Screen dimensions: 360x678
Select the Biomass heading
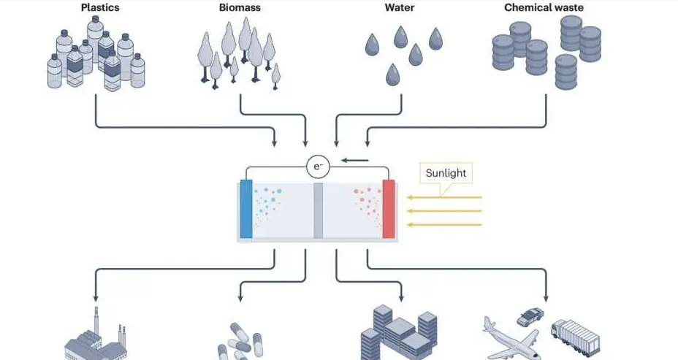[x=237, y=7]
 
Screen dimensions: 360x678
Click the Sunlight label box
[x=448, y=174]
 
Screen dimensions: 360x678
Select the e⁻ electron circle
[x=318, y=167]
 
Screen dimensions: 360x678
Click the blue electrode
[x=245, y=209]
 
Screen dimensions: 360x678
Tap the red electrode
[x=389, y=209]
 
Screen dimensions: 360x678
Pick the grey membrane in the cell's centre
[x=318, y=210]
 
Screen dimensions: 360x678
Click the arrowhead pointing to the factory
[x=95, y=298]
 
